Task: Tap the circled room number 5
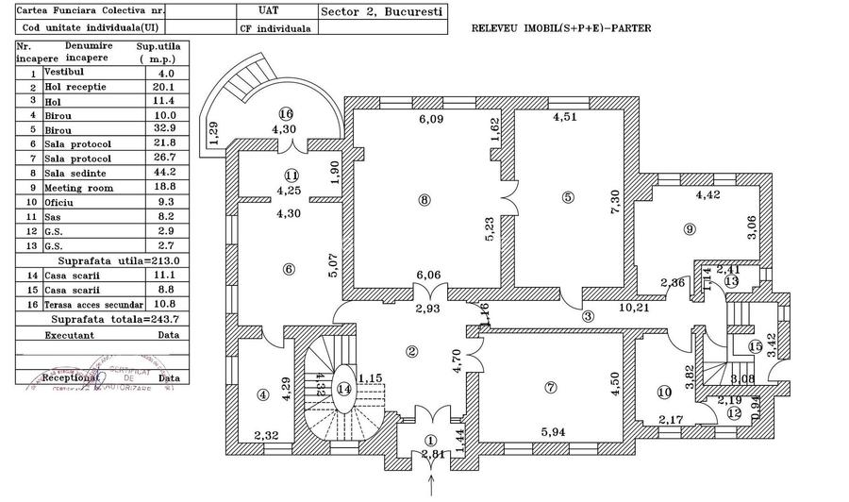[x=567, y=197]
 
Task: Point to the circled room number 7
[x=551, y=387]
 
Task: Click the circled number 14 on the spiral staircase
[x=344, y=387]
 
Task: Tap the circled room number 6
[x=289, y=268]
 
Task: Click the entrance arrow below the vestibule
[x=432, y=486]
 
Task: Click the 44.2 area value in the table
[x=166, y=173]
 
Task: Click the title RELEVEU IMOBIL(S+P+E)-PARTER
[x=560, y=28]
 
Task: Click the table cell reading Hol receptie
[x=75, y=86]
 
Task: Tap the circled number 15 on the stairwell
[x=754, y=346]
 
